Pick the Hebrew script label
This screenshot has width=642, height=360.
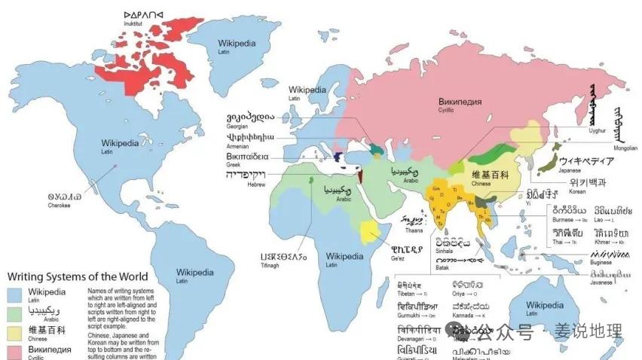(246, 175)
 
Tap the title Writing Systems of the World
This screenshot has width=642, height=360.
(78, 276)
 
